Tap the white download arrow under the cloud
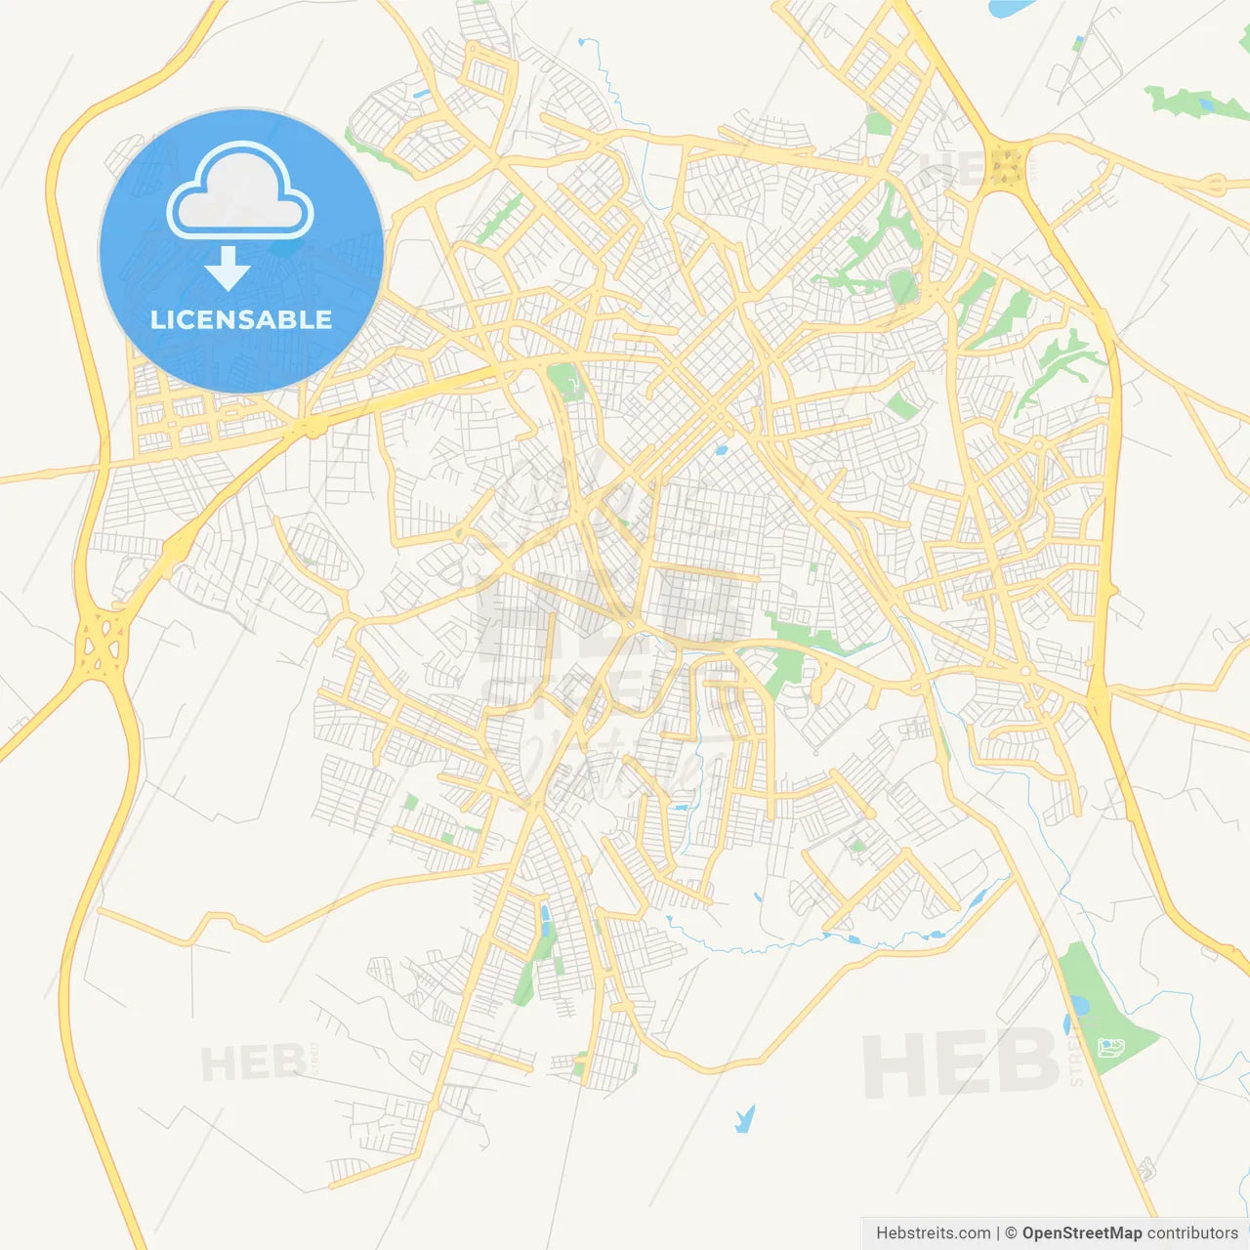(228, 270)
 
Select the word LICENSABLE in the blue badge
(241, 319)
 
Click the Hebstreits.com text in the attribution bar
(933, 1233)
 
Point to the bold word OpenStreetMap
(1081, 1233)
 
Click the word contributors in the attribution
(1191, 1233)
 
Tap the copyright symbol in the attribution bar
(1011, 1233)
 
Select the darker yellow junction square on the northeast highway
(1005, 166)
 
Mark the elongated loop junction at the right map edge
(1214, 183)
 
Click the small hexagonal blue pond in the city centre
(721, 451)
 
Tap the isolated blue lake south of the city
(745, 1118)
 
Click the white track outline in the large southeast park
(1110, 1048)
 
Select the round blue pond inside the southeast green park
(1077, 1006)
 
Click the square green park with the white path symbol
(564, 381)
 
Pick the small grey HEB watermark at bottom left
(252, 1062)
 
